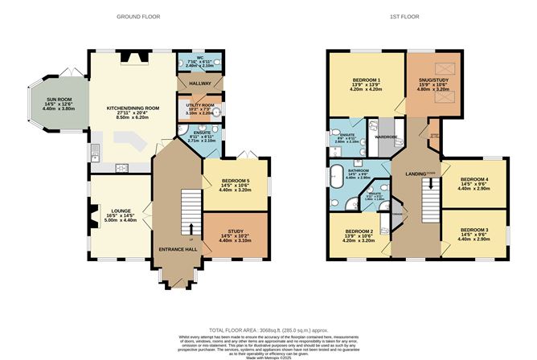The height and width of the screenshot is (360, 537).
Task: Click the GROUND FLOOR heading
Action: pyautogui.click(x=140, y=16)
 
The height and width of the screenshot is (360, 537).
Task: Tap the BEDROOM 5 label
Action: pyautogui.click(x=236, y=182)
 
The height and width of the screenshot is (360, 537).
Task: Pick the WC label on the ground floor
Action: pyautogui.click(x=191, y=57)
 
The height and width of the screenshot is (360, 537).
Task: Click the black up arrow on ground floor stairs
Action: pyautogui.click(x=191, y=231)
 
